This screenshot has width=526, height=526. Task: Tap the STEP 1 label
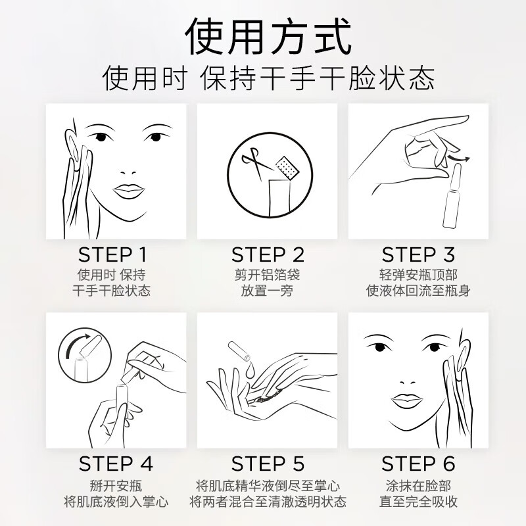tap(112, 254)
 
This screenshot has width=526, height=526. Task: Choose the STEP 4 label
tap(116, 463)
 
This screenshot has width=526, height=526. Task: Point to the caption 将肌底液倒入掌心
tap(116, 502)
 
